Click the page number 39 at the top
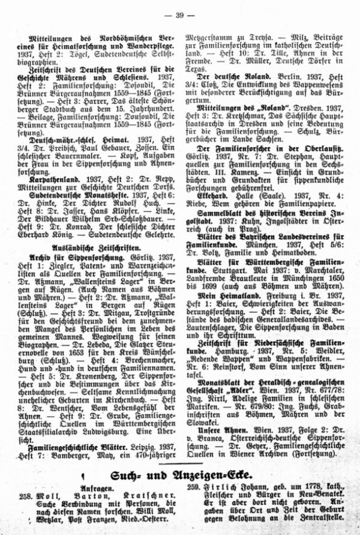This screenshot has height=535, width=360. tap(180, 13)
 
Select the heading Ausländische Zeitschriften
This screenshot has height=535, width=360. tap(93, 246)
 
